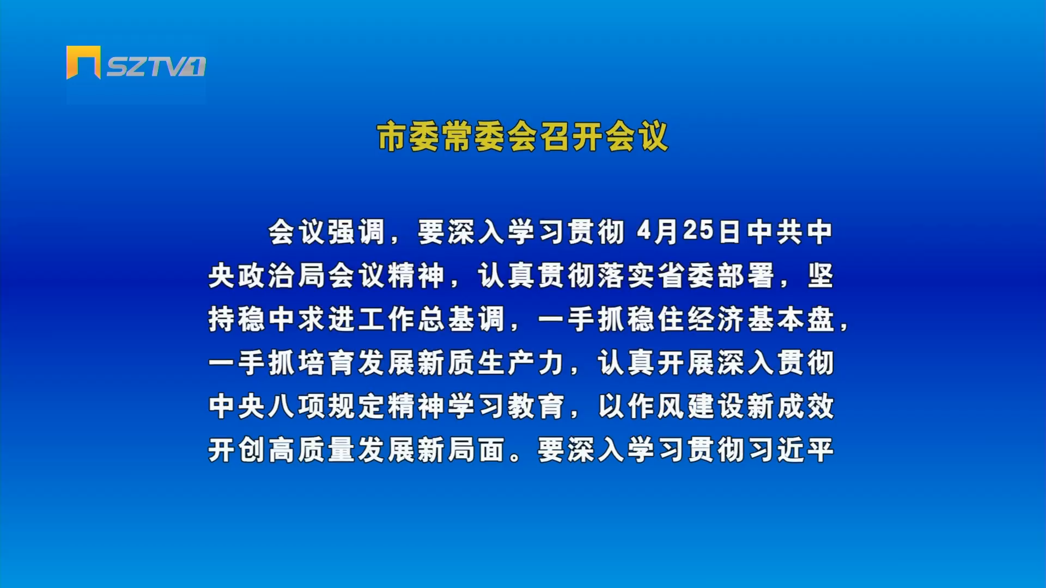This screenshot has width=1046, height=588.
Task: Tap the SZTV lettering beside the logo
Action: point(156,66)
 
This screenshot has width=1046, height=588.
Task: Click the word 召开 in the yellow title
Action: point(571,136)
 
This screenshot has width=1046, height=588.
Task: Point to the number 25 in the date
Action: point(698,231)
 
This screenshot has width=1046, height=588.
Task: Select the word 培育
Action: point(327,363)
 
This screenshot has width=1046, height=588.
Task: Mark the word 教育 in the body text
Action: point(537,406)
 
